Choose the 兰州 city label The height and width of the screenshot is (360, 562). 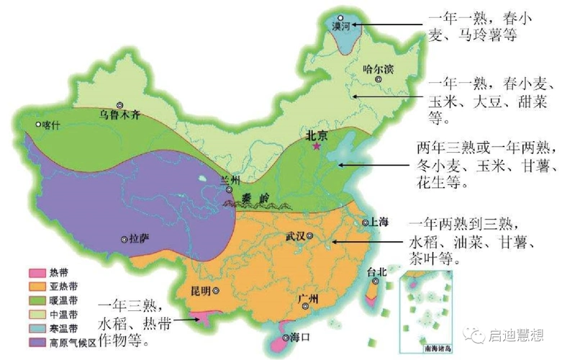click(x=218, y=179)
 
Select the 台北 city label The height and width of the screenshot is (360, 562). click(x=376, y=272)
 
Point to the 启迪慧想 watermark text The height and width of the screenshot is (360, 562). click(x=513, y=334)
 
